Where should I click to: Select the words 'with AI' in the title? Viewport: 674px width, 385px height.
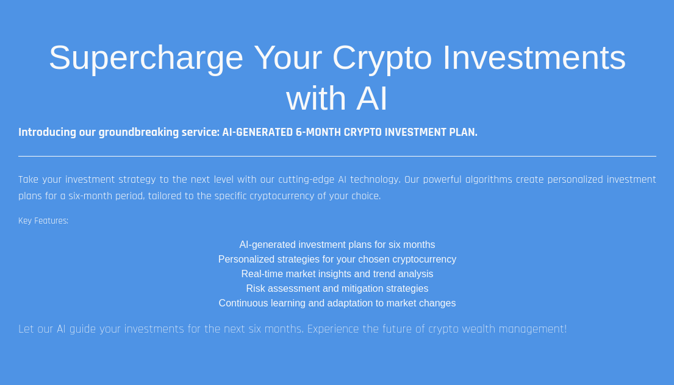[x=337, y=98]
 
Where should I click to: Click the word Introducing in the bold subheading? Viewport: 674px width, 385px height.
[x=48, y=132]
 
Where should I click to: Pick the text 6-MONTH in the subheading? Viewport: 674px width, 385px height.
[x=318, y=132]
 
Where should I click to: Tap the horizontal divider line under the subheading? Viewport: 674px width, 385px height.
[x=337, y=156]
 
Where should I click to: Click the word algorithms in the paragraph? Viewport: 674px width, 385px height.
[x=489, y=180]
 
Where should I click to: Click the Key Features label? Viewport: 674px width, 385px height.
[x=43, y=221]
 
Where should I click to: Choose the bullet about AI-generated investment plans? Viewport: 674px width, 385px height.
[x=337, y=245]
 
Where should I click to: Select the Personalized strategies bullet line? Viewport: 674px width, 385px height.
[x=337, y=260]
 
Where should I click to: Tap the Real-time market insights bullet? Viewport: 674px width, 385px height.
[x=337, y=274]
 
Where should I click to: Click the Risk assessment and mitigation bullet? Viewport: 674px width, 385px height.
[x=337, y=288]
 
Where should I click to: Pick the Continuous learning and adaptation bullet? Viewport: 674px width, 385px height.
[x=337, y=303]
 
